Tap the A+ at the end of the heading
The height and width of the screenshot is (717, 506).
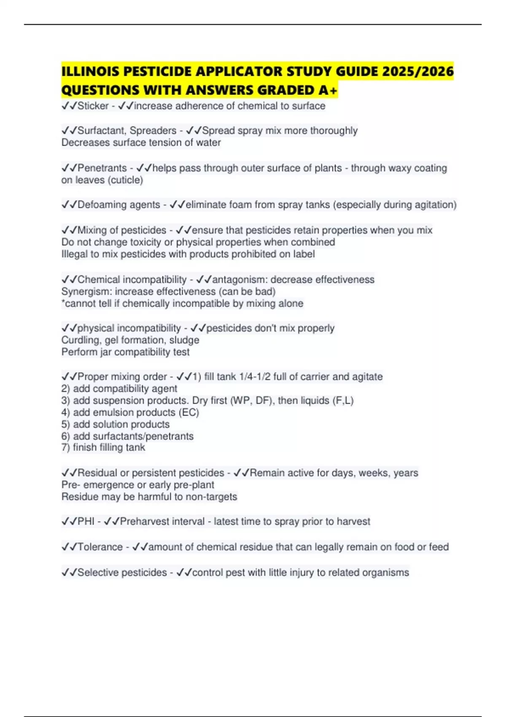click(x=328, y=90)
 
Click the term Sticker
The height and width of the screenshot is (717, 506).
click(x=93, y=106)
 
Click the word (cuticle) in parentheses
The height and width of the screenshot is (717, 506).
click(x=125, y=180)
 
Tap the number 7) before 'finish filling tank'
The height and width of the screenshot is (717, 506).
click(x=65, y=447)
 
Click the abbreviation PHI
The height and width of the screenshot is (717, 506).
click(x=86, y=522)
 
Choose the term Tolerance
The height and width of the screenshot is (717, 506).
click(x=100, y=547)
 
